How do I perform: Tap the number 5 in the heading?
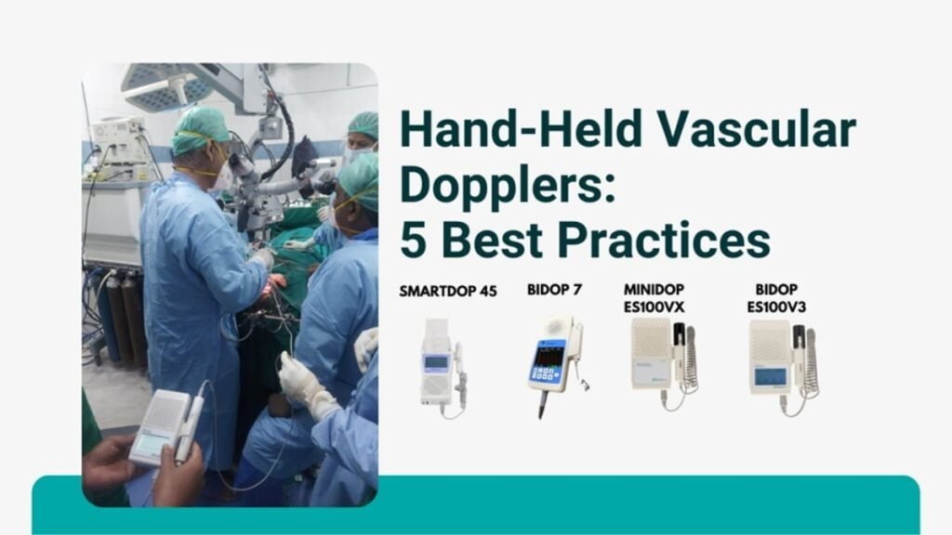pos(413,241)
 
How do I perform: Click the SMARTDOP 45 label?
pos(448,291)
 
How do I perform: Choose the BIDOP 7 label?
pos(554,290)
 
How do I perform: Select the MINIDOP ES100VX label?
pos(654,298)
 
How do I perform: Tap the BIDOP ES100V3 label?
pos(776,298)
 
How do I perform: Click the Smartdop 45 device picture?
pos(443,368)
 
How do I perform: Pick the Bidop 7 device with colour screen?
pos(556,364)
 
